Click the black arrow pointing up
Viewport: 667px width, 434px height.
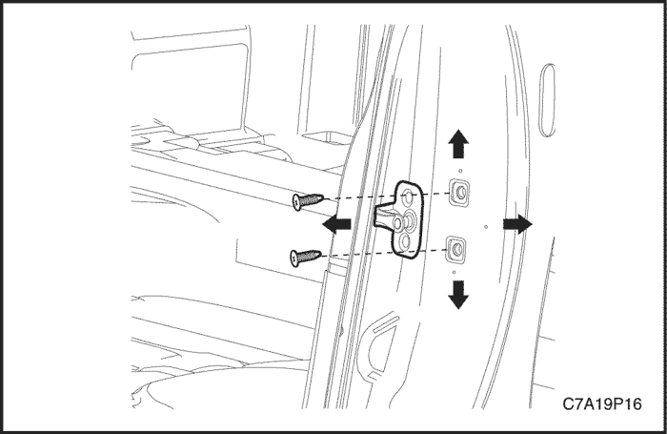pyautogui.click(x=458, y=144)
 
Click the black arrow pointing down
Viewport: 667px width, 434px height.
pyautogui.click(x=458, y=295)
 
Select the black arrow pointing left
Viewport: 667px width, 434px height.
pyautogui.click(x=336, y=224)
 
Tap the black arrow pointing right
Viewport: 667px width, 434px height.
pyautogui.click(x=517, y=223)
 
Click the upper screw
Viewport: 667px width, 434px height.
pyautogui.click(x=309, y=200)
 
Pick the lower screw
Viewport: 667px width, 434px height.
pyautogui.click(x=306, y=258)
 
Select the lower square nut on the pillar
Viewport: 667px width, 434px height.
pyautogui.click(x=456, y=249)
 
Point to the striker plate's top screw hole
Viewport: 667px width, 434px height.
pyautogui.click(x=408, y=196)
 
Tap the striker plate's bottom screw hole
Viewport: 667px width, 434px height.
pyautogui.click(x=405, y=241)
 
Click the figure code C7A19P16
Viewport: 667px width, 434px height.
pyautogui.click(x=601, y=403)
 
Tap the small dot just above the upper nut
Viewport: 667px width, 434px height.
pyautogui.click(x=460, y=171)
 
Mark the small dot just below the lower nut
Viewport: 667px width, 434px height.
pyautogui.click(x=455, y=272)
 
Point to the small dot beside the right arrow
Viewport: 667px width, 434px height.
pyautogui.click(x=486, y=227)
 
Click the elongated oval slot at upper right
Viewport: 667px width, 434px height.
pyautogui.click(x=547, y=100)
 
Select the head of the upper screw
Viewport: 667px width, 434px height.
pyautogui.click(x=296, y=202)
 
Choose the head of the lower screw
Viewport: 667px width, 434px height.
pyautogui.click(x=293, y=258)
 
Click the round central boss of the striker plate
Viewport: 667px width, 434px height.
pyautogui.click(x=411, y=219)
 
